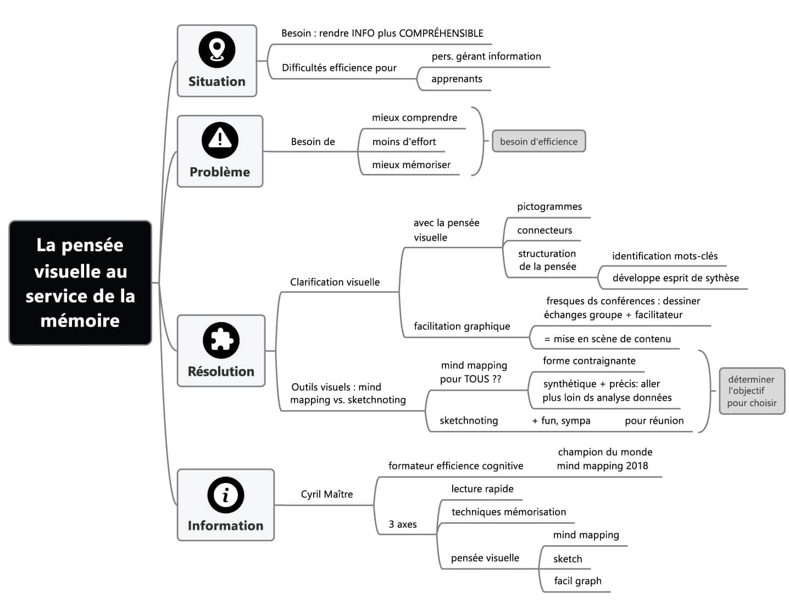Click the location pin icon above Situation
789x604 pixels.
[x=216, y=49]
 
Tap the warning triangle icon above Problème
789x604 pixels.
[x=220, y=140]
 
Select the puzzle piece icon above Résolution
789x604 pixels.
[x=221, y=340]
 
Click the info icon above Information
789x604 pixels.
[x=225, y=495]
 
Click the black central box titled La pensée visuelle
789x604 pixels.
[x=80, y=282]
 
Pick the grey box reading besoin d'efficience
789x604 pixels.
[x=538, y=141]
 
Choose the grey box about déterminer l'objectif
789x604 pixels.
[x=752, y=391]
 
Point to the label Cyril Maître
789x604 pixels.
[x=327, y=494]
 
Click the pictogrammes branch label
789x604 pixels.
[x=549, y=207]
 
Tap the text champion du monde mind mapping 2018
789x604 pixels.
[x=604, y=459]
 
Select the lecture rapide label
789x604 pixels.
[x=482, y=489]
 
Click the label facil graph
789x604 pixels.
[x=577, y=581]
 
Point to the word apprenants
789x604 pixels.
[x=457, y=79]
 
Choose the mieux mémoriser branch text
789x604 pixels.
[x=411, y=164]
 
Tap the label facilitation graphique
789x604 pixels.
[x=462, y=326]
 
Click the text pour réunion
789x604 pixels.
[x=654, y=420]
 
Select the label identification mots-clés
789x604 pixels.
[x=664, y=256]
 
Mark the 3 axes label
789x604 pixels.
[x=403, y=524]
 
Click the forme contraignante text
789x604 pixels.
[x=589, y=361]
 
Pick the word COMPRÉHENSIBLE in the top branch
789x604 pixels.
[x=441, y=33]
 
